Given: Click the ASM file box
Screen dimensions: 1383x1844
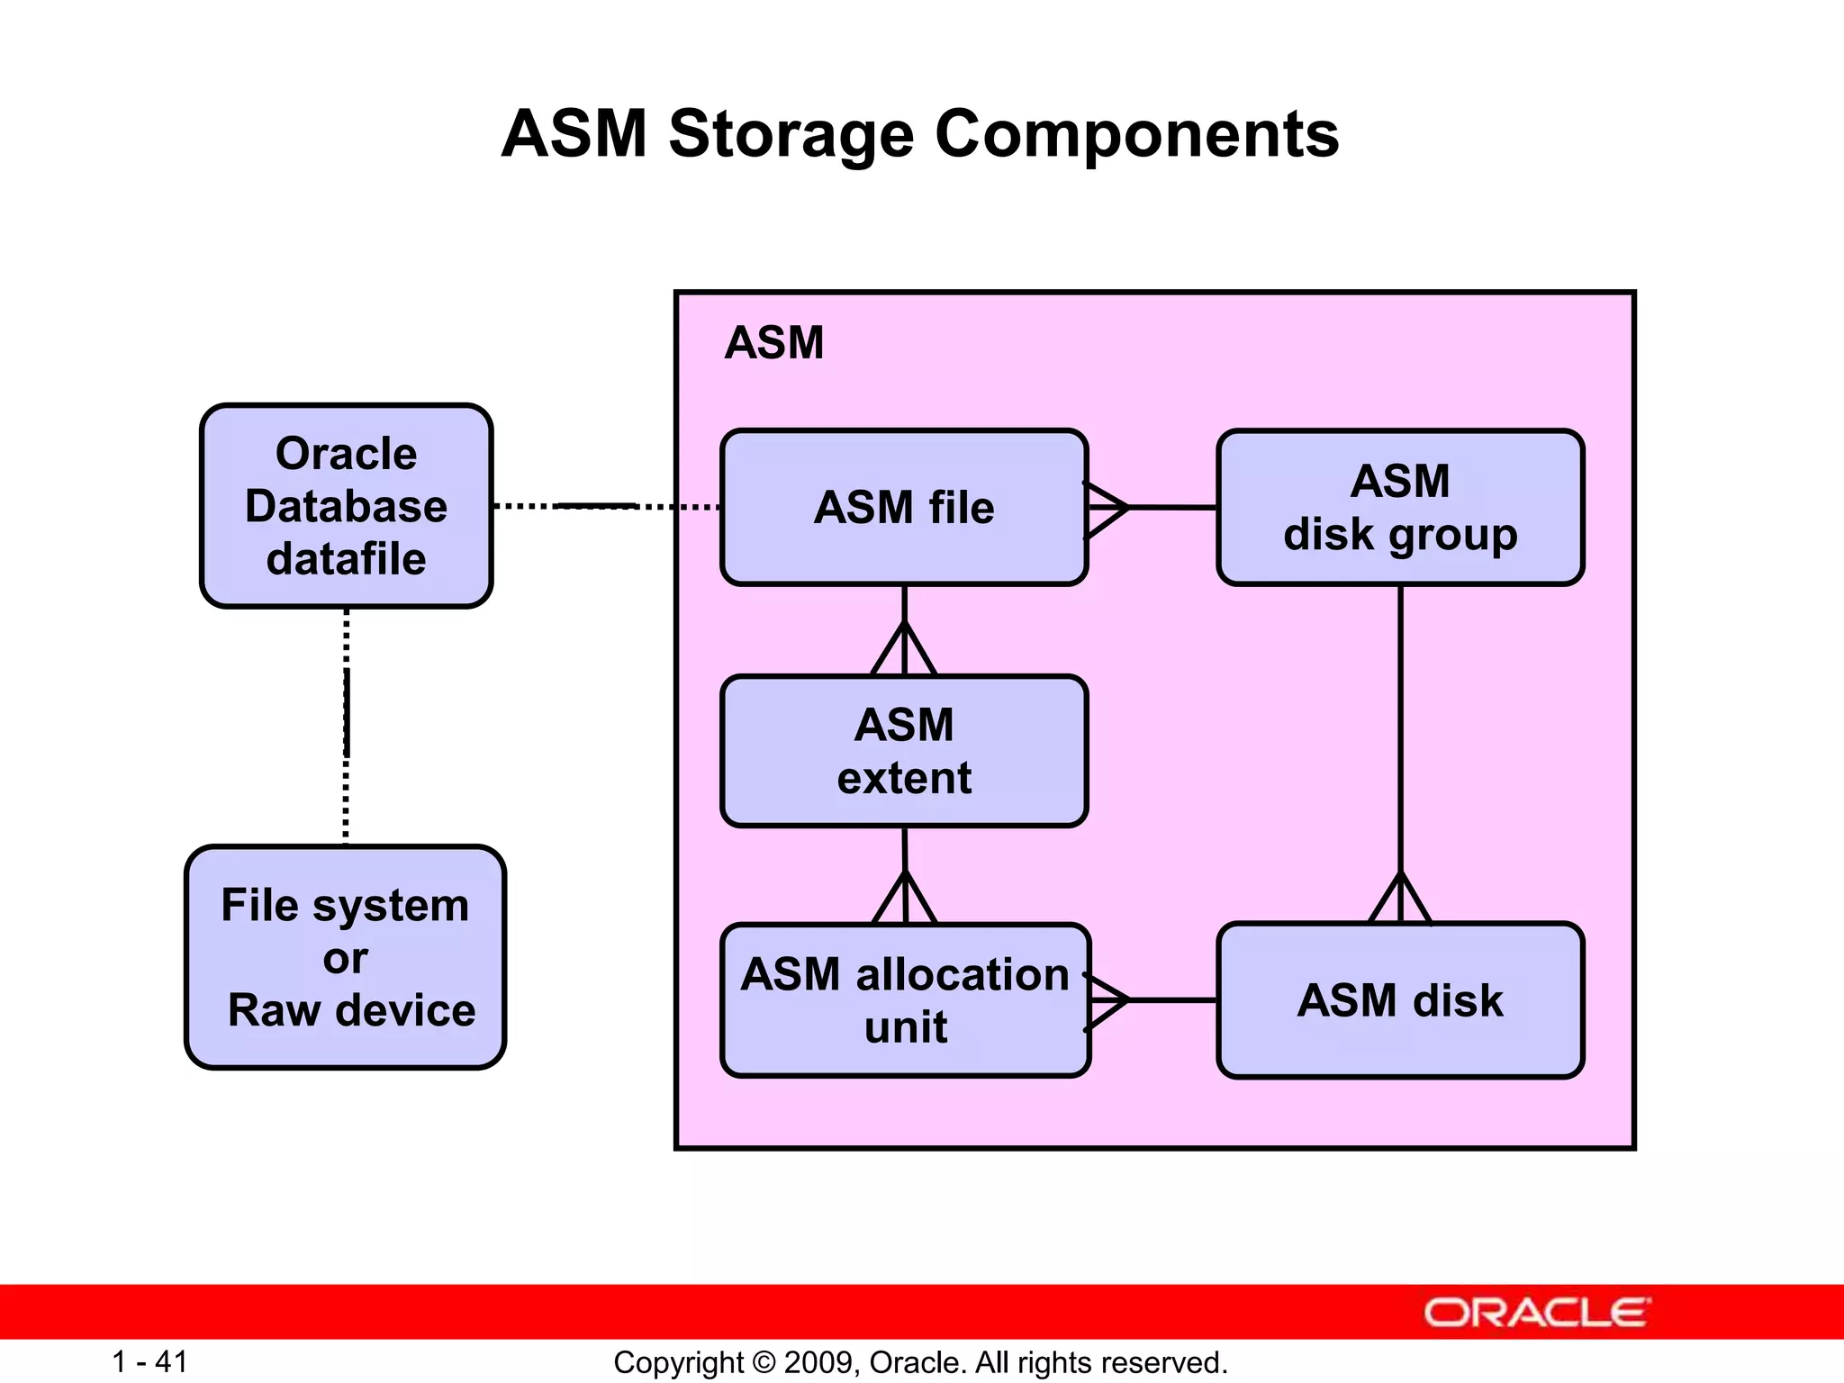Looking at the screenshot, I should tap(904, 508).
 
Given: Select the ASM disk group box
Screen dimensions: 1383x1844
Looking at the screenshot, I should tap(1400, 508).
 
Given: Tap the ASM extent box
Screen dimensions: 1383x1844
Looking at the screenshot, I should tap(904, 751).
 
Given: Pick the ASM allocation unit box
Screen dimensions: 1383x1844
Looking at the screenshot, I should tap(905, 1000).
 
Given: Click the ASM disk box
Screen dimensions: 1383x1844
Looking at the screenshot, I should tap(1400, 1000).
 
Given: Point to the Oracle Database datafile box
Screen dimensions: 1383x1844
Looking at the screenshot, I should tap(346, 506).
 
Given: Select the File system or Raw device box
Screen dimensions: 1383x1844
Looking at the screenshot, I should tap(346, 957).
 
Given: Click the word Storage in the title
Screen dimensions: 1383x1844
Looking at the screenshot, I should tap(791, 135).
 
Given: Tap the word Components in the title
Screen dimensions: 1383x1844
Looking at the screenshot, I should tap(1136, 135).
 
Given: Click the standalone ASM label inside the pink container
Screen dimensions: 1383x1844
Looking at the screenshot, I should tap(773, 343).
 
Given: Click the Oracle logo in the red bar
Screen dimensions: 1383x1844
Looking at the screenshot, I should tap(1536, 1313).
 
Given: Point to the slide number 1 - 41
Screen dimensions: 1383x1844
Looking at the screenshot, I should tap(149, 1361).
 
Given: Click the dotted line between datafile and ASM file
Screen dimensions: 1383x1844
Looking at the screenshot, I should tap(605, 507).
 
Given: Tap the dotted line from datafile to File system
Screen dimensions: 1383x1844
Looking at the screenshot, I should tap(346, 726).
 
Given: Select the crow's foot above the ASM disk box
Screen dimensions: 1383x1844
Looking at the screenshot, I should tap(1400, 899).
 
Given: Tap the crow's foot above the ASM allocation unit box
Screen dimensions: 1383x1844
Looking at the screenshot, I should tap(905, 899).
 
